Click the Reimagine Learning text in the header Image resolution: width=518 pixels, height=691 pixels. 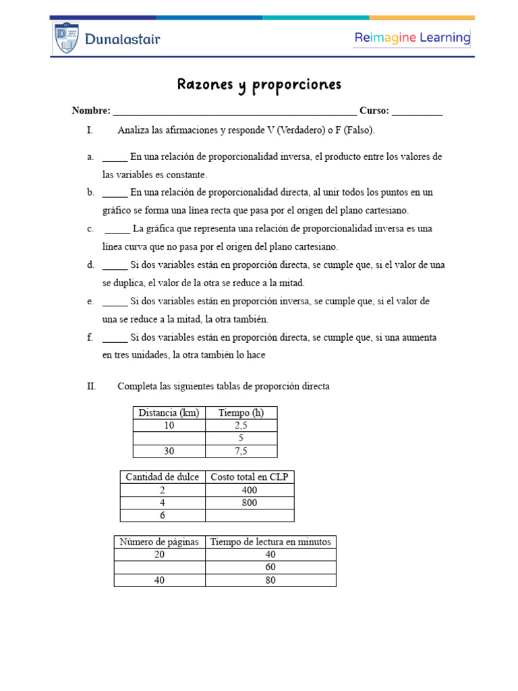coord(412,38)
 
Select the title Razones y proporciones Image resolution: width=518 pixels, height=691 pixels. coord(259,84)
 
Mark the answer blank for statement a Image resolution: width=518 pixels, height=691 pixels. coord(115,157)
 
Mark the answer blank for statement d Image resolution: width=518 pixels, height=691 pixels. coord(115,265)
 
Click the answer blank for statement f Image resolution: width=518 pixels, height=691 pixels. coord(115,337)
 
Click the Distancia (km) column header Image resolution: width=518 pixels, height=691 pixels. coord(169,413)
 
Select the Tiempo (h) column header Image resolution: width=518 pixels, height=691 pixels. coord(241,413)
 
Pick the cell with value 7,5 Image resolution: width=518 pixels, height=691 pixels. coord(241,451)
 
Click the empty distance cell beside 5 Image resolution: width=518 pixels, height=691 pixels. coord(169,438)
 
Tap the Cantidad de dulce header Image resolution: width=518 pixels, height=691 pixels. coord(162,477)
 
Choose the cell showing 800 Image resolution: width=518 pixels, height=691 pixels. coord(249,503)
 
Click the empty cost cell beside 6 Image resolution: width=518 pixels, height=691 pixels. coord(249,516)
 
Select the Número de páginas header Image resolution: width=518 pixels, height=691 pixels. coord(160,542)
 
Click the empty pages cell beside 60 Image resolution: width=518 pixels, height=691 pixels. coord(160,568)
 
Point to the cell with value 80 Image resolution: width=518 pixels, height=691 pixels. coord(270,580)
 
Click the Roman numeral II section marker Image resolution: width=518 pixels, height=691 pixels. coord(92,387)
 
